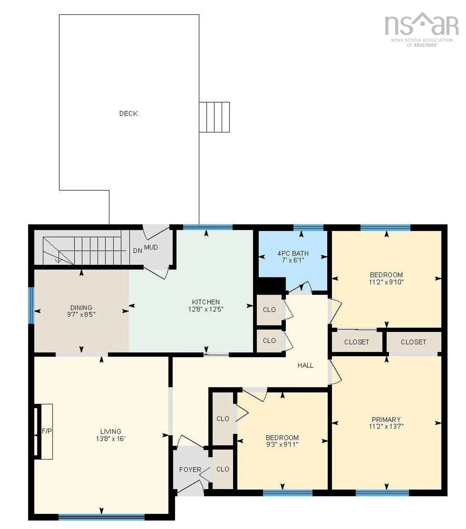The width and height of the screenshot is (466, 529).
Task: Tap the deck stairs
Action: coord(214,117)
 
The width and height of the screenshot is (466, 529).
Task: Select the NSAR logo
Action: coord(421,28)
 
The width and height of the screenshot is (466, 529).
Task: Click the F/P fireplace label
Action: coord(47,431)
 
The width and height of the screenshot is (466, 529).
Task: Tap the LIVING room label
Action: coord(111,431)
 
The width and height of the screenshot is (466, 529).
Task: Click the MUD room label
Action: coord(151,247)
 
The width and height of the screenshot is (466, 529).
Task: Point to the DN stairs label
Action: coord(137,250)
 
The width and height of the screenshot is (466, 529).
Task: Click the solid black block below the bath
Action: coord(271,285)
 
